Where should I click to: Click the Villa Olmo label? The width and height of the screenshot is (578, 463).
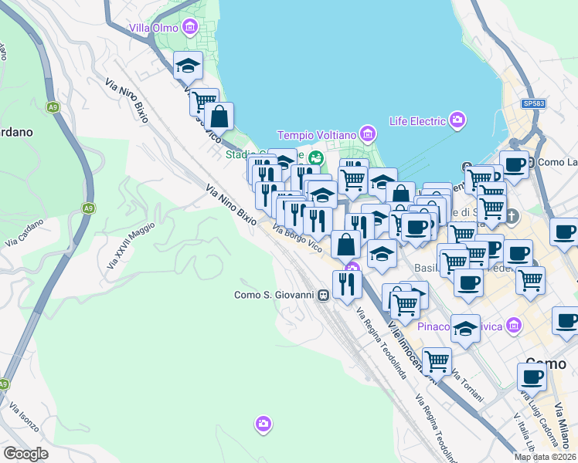click(x=153, y=29)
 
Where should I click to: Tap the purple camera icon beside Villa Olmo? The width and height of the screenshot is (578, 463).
click(x=190, y=29)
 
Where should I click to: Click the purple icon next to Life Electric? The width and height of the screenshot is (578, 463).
click(x=458, y=120)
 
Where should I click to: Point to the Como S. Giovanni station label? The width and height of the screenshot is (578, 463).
click(x=274, y=294)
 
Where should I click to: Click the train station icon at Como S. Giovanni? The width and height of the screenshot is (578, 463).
click(x=324, y=294)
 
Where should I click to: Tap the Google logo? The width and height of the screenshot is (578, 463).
click(x=25, y=454)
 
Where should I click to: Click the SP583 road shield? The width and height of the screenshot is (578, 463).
click(x=532, y=103)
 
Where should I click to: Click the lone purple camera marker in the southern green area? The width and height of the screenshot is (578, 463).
click(x=263, y=424)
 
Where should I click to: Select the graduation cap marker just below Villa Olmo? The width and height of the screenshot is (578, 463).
click(x=187, y=67)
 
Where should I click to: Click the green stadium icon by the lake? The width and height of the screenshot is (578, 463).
click(x=314, y=158)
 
